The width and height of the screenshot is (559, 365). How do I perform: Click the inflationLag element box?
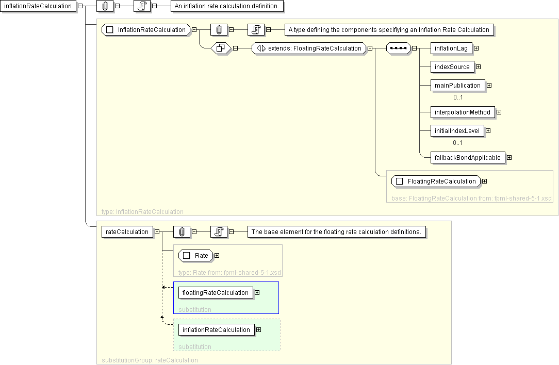click(x=451, y=48)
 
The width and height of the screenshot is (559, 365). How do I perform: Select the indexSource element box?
click(x=452, y=67)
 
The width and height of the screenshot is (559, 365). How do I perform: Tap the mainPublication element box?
click(x=457, y=86)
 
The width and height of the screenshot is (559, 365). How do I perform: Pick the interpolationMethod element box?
click(x=463, y=112)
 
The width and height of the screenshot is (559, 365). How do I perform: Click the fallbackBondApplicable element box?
click(x=468, y=158)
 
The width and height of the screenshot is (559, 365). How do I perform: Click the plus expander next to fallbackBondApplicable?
click(x=509, y=158)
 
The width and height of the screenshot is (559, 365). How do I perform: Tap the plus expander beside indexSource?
click(x=478, y=67)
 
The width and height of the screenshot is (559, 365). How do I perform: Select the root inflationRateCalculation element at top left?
click(x=38, y=6)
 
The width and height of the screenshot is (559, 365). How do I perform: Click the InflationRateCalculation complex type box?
click(x=146, y=30)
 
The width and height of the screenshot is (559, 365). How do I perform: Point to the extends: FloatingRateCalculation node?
click(x=309, y=48)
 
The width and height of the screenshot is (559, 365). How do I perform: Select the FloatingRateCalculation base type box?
click(x=436, y=181)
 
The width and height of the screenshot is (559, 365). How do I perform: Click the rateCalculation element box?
click(x=127, y=232)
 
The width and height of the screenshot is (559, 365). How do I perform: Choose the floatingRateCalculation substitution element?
click(x=216, y=293)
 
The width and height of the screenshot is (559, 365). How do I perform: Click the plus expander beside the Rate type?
click(x=217, y=256)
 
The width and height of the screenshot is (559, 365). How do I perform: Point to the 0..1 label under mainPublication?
click(x=458, y=97)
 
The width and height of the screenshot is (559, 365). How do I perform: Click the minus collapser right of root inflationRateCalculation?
click(x=80, y=6)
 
